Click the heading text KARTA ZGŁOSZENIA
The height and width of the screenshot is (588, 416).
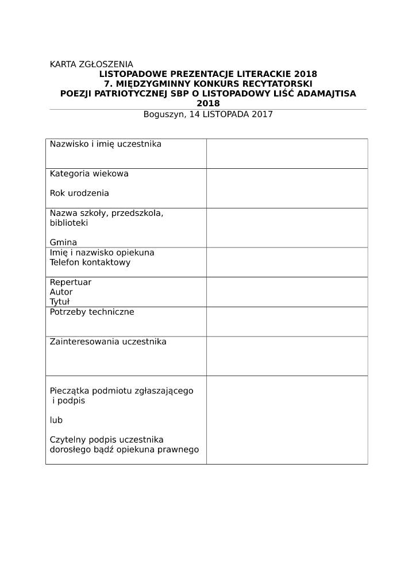pos(91,64)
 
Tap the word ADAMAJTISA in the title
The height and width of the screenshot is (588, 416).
pos(330,94)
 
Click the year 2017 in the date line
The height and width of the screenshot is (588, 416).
pos(262,114)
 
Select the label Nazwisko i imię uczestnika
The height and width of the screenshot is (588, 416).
pos(106,144)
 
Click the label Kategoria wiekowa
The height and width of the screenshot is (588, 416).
pos(89,173)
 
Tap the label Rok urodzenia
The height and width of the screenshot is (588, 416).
pos(79,193)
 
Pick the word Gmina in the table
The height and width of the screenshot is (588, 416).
pos(63,242)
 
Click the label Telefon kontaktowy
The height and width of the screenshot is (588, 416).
pos(90,262)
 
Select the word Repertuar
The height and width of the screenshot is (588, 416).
pos(71,283)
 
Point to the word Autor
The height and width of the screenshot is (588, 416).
pos(61,292)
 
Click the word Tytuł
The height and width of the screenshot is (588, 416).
pos(60,302)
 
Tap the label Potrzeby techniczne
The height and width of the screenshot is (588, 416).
pos(92,312)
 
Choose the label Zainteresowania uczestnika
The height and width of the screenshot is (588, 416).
pos(108,342)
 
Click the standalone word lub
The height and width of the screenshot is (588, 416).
pos(56,420)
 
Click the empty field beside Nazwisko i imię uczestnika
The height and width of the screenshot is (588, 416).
pos(287,153)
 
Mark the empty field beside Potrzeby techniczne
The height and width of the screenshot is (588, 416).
pos(287,322)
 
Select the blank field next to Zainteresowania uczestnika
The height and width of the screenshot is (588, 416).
pos(287,356)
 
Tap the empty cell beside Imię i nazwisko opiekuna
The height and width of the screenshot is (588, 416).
pos(287,262)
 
